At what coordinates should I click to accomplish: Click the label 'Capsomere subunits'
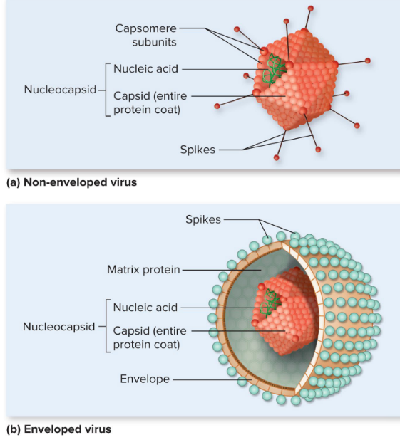[x=146, y=35]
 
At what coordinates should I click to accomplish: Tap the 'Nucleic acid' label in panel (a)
[x=145, y=69]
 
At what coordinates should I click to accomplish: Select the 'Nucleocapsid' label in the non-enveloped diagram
[x=58, y=90]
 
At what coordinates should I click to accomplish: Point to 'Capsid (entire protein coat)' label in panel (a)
[x=147, y=103]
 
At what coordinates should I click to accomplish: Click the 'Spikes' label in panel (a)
[x=198, y=150]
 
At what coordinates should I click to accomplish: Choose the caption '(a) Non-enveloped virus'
[x=71, y=182]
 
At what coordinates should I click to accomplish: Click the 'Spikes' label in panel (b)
[x=203, y=220]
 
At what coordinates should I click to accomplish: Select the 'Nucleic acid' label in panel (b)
[x=145, y=308]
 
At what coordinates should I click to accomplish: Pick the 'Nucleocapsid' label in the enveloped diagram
[x=58, y=327]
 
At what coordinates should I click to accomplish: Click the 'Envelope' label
[x=145, y=379]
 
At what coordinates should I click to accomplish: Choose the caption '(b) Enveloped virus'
[x=58, y=429]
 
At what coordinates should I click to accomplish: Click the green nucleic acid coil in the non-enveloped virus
[x=273, y=70]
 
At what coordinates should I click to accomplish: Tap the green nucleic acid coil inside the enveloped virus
[x=269, y=302]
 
